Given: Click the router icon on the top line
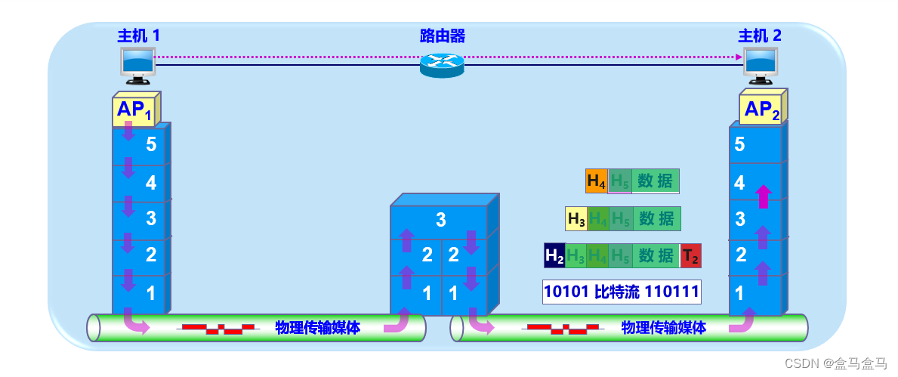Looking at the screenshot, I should click(442, 65).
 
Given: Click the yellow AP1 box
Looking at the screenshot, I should click(134, 110).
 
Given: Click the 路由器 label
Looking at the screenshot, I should click(442, 36).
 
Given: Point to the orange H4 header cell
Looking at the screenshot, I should click(596, 181).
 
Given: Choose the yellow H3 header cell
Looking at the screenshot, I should click(576, 219).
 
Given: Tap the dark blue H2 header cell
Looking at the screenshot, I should click(554, 256).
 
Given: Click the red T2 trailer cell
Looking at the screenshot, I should click(690, 256).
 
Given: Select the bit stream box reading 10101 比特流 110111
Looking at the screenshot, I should click(622, 292).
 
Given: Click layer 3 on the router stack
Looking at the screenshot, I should click(441, 221).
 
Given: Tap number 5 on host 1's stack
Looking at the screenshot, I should click(151, 144).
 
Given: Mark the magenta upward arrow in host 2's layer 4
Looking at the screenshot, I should click(763, 196).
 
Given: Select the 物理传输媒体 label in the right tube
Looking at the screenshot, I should click(664, 328).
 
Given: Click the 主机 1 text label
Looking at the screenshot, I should click(139, 36).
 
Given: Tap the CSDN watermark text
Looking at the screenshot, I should click(835, 363).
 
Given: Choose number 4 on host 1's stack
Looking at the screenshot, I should click(151, 182).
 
